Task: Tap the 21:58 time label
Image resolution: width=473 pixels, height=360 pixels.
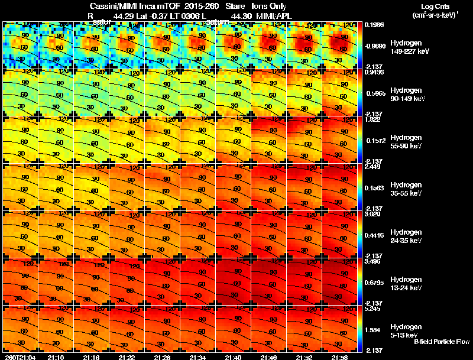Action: pos(339,357)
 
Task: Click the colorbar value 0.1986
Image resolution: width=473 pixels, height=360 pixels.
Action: pos(374,25)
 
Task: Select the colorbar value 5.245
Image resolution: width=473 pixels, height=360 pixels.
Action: pos(374,309)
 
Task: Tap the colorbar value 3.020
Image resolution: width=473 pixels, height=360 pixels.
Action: pos(374,215)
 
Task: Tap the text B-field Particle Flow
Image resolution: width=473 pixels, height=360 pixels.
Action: pos(441,342)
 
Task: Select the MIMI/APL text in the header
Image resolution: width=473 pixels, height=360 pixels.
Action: pos(276,15)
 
